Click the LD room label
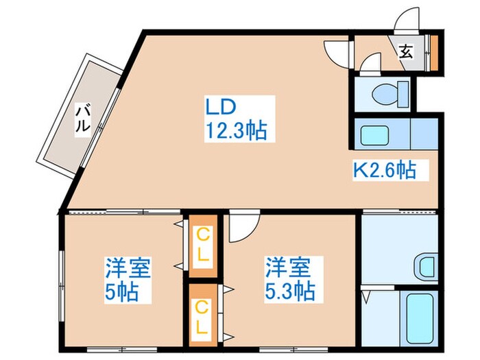[x=221, y=107]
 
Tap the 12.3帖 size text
[x=235, y=130]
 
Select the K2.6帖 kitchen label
[x=384, y=169]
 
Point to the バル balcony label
[x=82, y=117]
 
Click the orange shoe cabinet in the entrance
[x=433, y=51]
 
